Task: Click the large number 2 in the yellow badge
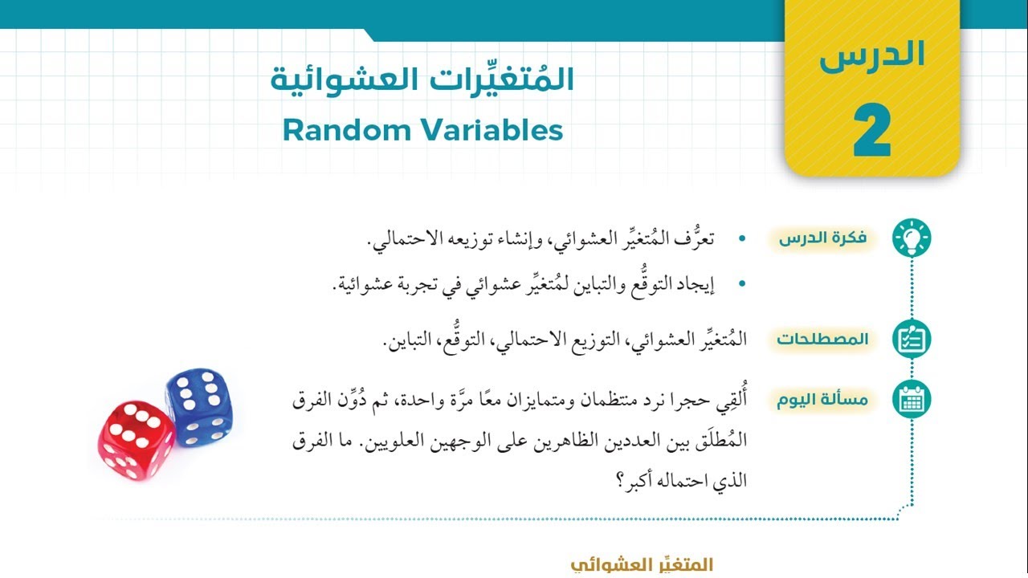tap(871, 130)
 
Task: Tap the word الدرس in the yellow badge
tap(872, 55)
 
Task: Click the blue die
tap(199, 408)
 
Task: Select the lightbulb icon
tap(912, 238)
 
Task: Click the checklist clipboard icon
tap(912, 339)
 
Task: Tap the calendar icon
tap(912, 400)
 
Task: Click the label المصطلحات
tap(823, 339)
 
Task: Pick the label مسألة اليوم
tap(823, 400)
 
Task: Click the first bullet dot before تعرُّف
tap(741, 238)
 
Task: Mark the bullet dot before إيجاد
tap(741, 283)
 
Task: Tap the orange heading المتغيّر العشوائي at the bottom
tap(642, 565)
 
